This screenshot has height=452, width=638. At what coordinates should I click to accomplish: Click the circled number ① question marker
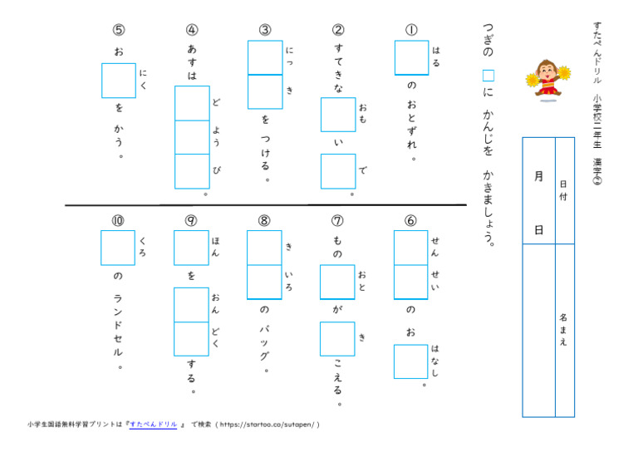click(x=411, y=30)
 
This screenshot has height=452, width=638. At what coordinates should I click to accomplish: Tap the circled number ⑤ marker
click(x=118, y=30)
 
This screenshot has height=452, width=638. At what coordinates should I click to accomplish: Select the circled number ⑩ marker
click(x=118, y=220)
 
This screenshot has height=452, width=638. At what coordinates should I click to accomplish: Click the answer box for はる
click(x=411, y=58)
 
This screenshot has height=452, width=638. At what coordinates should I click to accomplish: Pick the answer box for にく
click(x=118, y=81)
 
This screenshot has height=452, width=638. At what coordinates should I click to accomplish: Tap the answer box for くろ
click(x=118, y=248)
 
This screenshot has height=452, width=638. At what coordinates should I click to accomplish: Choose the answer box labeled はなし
click(x=411, y=361)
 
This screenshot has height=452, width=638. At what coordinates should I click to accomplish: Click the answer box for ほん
click(x=191, y=248)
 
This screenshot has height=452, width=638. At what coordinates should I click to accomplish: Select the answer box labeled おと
click(x=337, y=282)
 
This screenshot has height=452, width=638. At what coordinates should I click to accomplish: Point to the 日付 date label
click(x=564, y=189)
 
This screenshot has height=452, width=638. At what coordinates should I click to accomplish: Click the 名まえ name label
click(x=564, y=329)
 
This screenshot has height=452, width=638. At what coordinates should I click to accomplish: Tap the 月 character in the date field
click(x=538, y=176)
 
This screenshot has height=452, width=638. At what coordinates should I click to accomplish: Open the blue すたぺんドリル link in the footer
click(x=153, y=425)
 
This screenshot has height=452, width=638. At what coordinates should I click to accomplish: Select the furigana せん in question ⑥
click(x=435, y=247)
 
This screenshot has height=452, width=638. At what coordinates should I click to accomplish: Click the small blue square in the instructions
click(x=488, y=75)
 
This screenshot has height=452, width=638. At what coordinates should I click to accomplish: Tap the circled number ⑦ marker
click(x=337, y=220)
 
